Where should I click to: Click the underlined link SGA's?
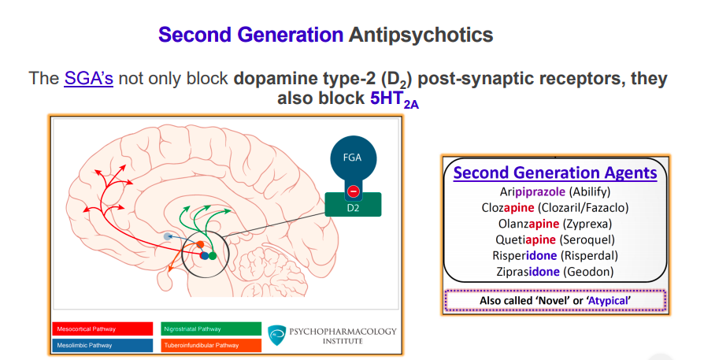(x=88, y=79)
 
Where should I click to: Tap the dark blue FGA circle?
(x=352, y=156)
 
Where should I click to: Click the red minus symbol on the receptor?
(x=353, y=191)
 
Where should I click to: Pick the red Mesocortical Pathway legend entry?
(x=103, y=328)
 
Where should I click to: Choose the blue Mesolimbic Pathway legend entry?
(x=103, y=345)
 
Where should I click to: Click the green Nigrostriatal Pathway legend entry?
(x=209, y=328)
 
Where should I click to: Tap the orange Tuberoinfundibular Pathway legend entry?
(x=209, y=345)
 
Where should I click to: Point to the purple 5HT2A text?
(x=395, y=101)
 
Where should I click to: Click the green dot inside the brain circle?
(x=213, y=255)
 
